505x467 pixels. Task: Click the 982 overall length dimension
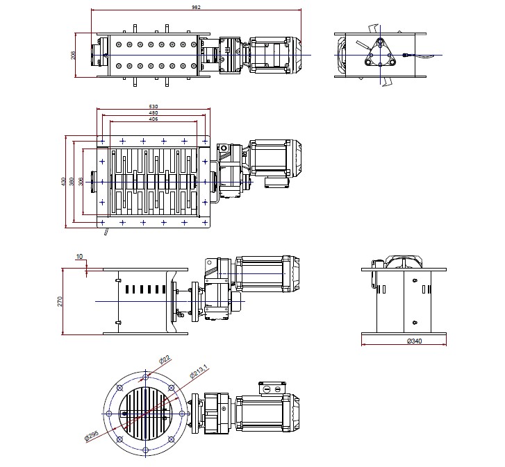[x=195, y=7]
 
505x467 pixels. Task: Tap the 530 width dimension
[x=153, y=106]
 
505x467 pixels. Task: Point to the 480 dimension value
[x=153, y=112]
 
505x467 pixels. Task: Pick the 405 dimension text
[x=153, y=119]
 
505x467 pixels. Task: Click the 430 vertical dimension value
[x=63, y=182]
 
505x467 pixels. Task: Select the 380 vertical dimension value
[x=72, y=182]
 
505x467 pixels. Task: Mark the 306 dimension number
[x=81, y=182]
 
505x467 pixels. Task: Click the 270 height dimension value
[x=60, y=301]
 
